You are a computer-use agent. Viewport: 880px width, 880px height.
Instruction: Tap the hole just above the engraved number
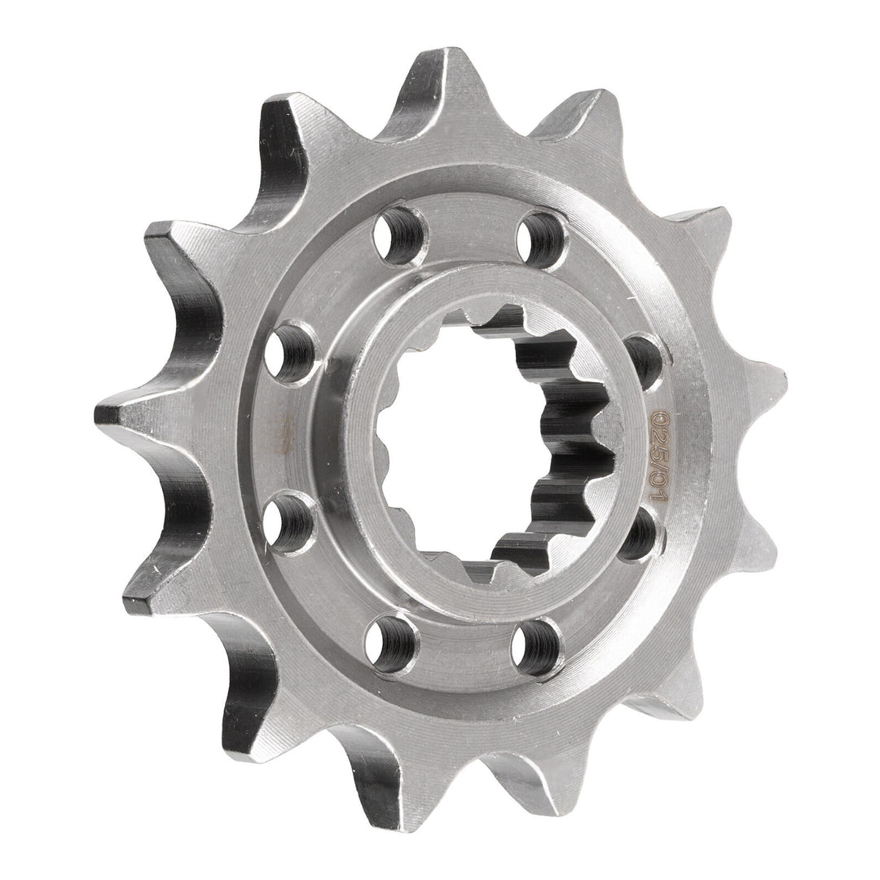point(644,359)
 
